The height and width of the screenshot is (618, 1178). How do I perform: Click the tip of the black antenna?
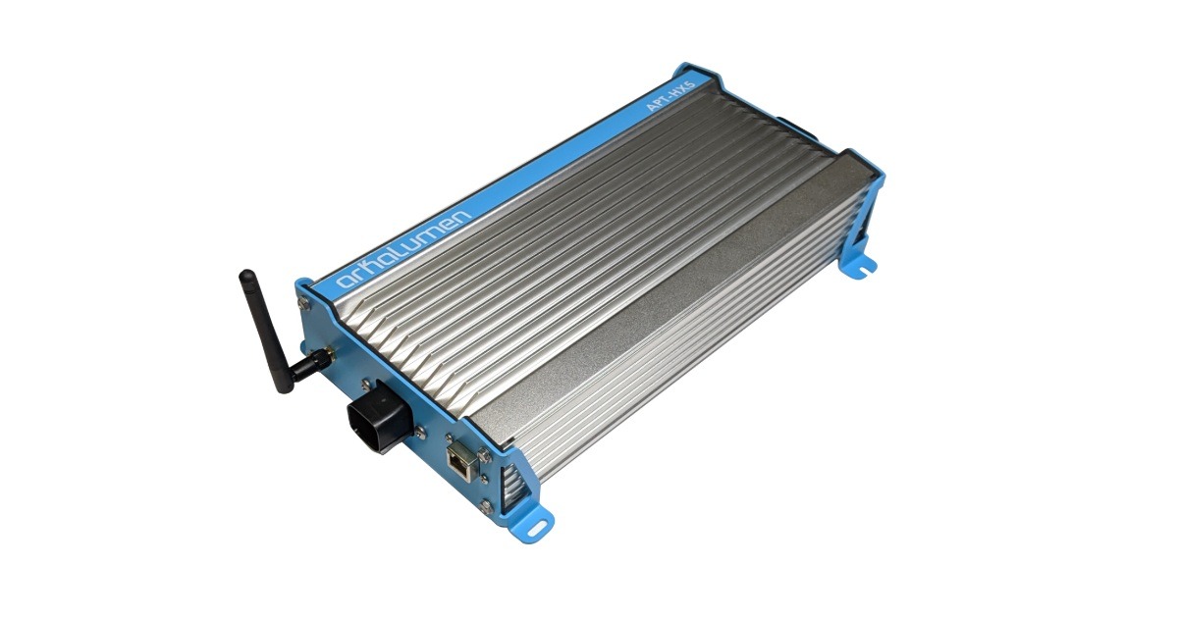244,276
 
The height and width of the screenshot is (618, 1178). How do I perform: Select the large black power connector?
376,423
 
